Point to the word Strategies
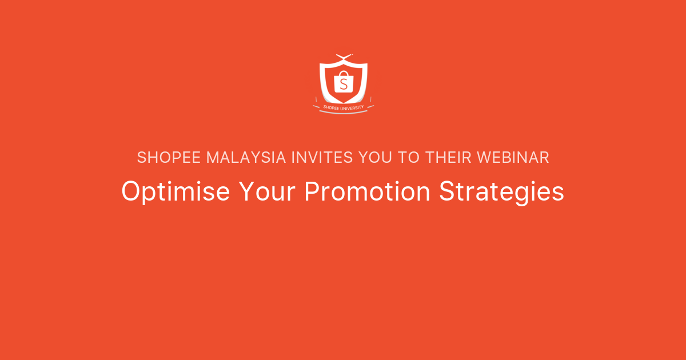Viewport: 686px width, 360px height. pos(502,192)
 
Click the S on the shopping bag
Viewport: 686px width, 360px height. pos(343,84)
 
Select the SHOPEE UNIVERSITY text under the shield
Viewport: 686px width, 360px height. pos(343,106)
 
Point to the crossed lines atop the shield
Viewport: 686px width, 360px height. pos(343,56)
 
